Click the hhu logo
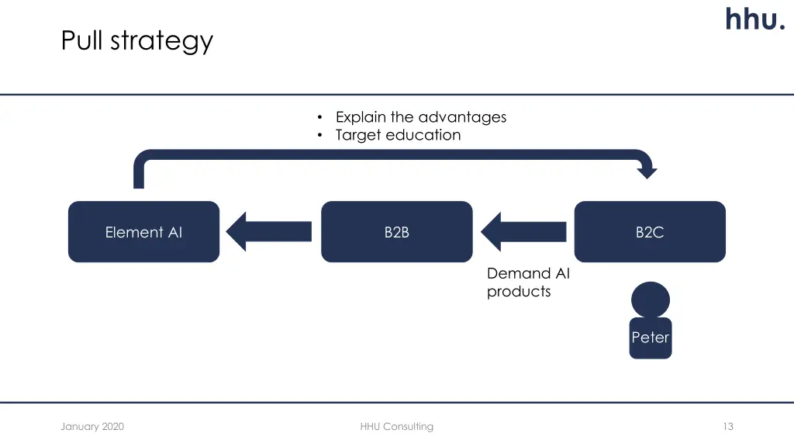pos(754,19)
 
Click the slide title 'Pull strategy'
pos(137,40)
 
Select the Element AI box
pos(144,232)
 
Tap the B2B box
pos(397,232)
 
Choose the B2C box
pos(650,232)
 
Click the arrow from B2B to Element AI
pos(269,231)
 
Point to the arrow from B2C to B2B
pos(523,231)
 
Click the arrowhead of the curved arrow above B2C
pos(646,170)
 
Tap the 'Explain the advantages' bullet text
pos(420,117)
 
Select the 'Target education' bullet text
pos(398,135)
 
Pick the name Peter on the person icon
pos(650,338)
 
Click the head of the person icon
pos(650,300)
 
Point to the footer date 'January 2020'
pos(92,426)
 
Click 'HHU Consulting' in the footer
pos(397,426)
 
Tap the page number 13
pos(727,426)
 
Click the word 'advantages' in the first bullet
pos(462,117)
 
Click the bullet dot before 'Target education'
pos(319,136)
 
